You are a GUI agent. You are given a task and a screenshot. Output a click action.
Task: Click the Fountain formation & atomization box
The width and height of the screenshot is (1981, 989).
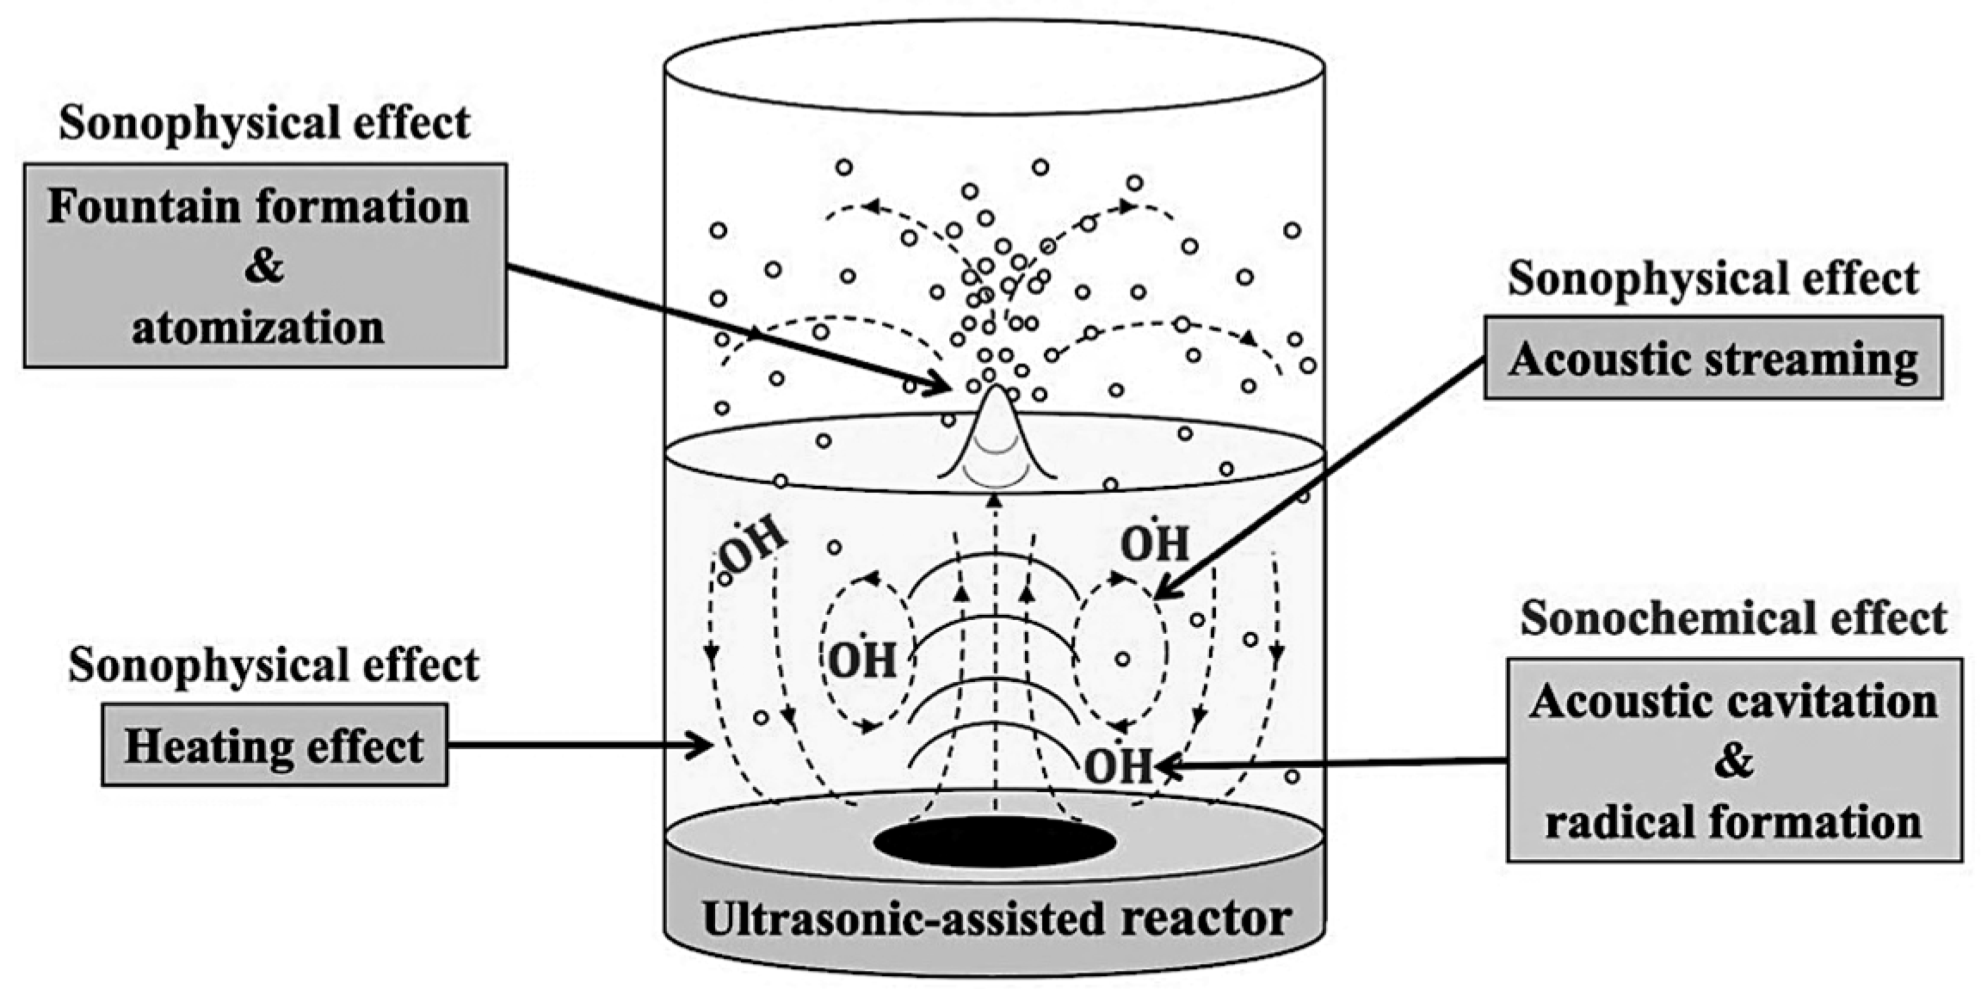[264, 266]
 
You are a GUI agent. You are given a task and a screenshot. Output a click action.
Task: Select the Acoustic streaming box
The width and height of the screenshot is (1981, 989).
[1713, 358]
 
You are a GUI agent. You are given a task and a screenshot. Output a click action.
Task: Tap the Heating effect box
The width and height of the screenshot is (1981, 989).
[274, 745]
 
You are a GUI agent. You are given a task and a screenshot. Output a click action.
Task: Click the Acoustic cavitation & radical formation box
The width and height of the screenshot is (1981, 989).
[1733, 760]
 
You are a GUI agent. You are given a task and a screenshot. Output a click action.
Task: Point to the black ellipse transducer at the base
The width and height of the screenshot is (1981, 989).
[994, 842]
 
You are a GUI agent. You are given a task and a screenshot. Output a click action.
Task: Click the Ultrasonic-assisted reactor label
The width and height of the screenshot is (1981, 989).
[997, 918]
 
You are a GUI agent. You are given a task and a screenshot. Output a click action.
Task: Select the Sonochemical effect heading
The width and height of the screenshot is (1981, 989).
[1733, 618]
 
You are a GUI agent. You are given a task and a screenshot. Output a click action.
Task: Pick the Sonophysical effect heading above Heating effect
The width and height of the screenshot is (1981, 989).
[274, 665]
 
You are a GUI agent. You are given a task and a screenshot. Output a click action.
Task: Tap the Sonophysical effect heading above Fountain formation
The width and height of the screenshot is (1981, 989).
[264, 122]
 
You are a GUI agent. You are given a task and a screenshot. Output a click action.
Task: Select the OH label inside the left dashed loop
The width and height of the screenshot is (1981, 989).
[862, 660]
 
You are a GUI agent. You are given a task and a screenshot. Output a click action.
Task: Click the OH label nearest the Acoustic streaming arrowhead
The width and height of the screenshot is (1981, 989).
[1154, 544]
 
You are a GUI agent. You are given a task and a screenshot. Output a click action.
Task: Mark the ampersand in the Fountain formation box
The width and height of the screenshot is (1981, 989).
[263, 267]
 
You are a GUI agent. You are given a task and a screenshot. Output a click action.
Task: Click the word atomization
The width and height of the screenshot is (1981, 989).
[258, 328]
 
